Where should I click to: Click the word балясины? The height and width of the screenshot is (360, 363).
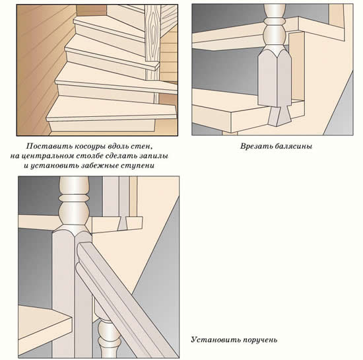(294, 146)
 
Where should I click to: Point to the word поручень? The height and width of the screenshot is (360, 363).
(259, 340)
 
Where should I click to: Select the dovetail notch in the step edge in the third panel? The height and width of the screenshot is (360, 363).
(123, 224)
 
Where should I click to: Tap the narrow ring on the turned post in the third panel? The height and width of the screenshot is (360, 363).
(74, 198)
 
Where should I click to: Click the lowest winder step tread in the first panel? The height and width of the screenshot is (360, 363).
(111, 109)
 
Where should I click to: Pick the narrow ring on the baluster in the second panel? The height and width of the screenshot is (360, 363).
(275, 22)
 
